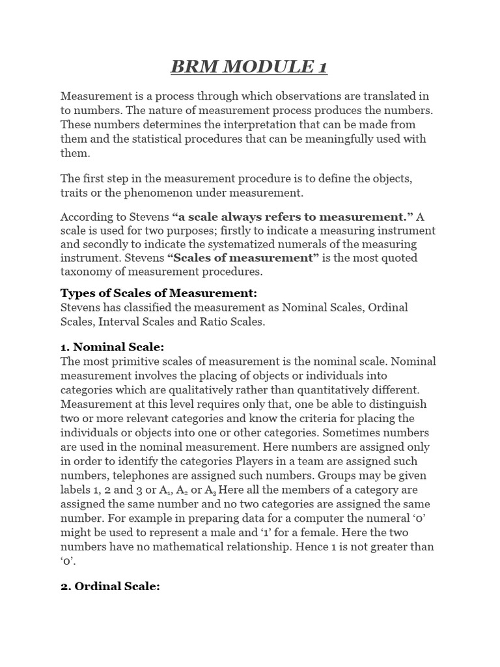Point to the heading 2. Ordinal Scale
coord(110,586)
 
